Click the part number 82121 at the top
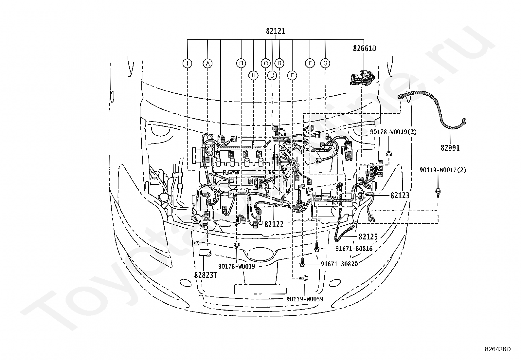tap(275, 31)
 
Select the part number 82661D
tap(365, 48)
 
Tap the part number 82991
tap(450, 148)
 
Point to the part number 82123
tap(400, 195)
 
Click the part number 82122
tap(274, 224)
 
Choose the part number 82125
tap(368, 237)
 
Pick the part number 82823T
tap(206, 275)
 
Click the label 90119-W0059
tap(305, 299)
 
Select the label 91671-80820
tap(339, 264)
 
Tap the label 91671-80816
tap(354, 249)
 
